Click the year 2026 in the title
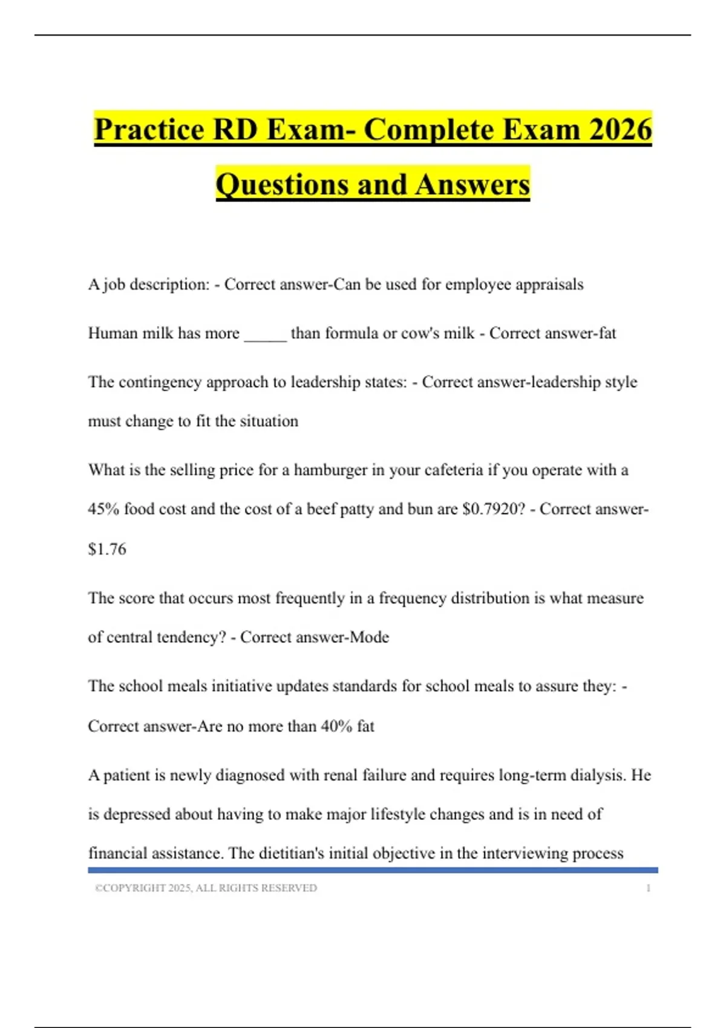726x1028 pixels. (620, 129)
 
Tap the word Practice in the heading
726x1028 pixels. (149, 129)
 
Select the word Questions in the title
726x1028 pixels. (281, 184)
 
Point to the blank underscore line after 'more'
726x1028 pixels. (265, 334)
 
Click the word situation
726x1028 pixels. (269, 421)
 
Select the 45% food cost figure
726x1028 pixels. (103, 509)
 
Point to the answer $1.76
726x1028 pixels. (107, 549)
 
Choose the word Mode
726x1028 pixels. (369, 637)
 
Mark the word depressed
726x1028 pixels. (136, 815)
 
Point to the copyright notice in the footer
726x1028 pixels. (206, 888)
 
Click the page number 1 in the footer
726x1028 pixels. (648, 888)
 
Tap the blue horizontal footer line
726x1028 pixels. (373, 870)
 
